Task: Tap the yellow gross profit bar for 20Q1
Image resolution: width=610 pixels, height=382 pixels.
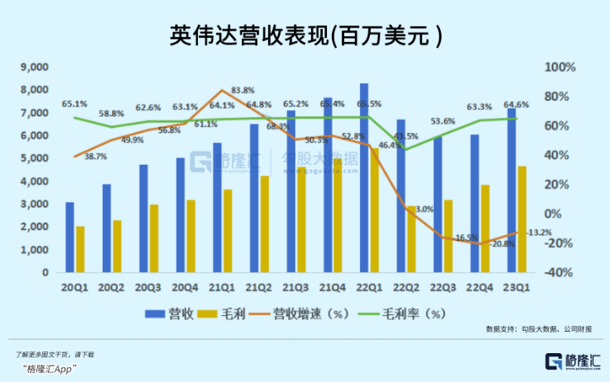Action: click(x=80, y=248)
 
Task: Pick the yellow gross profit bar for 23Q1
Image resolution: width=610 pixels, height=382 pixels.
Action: click(x=522, y=219)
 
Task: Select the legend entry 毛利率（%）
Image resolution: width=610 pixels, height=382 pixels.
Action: click(x=413, y=314)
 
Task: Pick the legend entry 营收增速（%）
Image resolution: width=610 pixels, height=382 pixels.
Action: click(x=294, y=314)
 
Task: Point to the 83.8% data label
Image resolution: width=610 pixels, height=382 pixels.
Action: click(x=242, y=90)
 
